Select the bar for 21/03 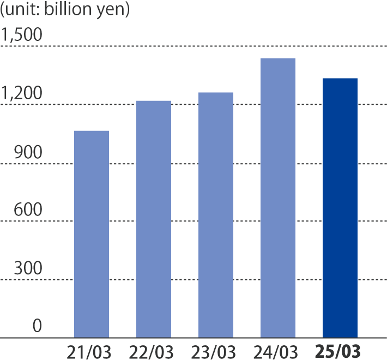(91, 235)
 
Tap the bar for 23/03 (216, 215)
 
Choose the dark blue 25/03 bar (340, 208)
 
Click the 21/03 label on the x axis (89, 351)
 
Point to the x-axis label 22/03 (152, 351)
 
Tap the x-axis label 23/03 (214, 351)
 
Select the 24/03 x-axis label (277, 351)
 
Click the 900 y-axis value (28, 153)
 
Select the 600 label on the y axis (28, 211)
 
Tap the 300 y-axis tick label (28, 269)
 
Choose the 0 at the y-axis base (37, 327)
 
